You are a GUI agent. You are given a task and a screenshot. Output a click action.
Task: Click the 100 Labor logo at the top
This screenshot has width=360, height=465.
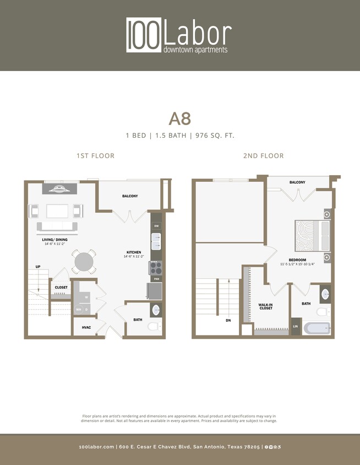pos(179,35)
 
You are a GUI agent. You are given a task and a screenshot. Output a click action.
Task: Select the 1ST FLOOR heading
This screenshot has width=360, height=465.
pos(95,156)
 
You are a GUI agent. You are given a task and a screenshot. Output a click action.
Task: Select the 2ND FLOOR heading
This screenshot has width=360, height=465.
pos(263,156)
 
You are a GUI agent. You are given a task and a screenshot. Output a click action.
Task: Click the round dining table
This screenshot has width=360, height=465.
pos(84,261)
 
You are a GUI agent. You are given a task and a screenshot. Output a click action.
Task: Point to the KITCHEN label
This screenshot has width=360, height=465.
pos(133,253)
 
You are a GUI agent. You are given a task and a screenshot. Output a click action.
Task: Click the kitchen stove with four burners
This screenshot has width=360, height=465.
pos(155,268)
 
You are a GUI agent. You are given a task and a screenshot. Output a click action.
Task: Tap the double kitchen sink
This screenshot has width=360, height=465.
pos(156,242)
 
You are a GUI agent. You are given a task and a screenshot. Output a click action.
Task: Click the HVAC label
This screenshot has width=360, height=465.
pos(86,328)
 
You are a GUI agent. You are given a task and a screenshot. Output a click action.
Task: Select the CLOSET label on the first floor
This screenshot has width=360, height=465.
pos(61,288)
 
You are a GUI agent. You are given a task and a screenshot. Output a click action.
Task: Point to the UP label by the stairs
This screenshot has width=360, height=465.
pos(38,267)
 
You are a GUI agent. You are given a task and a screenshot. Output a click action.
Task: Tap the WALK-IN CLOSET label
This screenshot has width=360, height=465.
pos(266,306)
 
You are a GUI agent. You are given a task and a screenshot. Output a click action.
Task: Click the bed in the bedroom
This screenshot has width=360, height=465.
pos(312,236)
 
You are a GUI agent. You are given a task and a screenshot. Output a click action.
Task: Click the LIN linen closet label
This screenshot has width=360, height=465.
pos(296,327)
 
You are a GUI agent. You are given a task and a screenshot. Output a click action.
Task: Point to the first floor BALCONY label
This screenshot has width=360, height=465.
pos(130,196)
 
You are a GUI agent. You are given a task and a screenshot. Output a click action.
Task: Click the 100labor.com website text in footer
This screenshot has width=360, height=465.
pos(96,447)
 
